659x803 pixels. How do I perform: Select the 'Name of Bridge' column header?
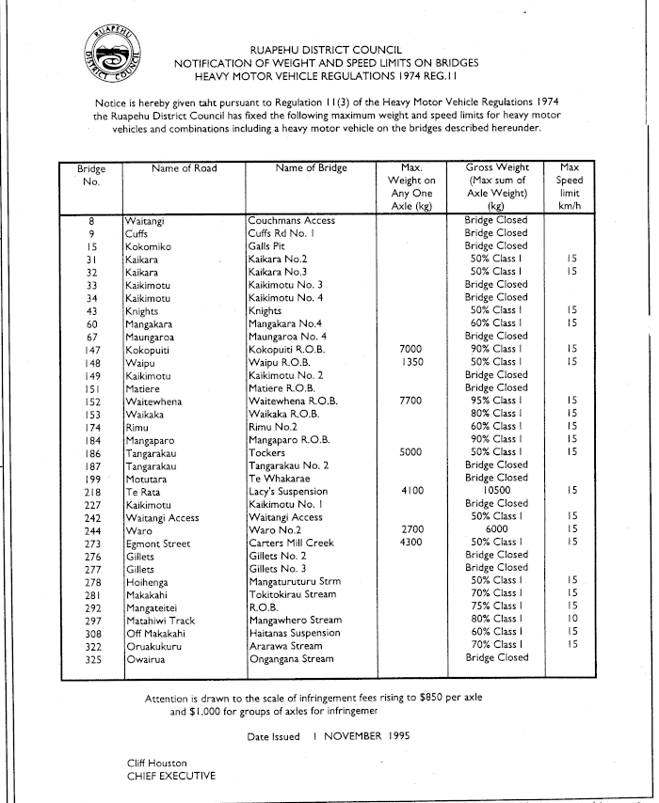311,168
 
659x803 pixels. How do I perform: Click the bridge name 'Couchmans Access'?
291,220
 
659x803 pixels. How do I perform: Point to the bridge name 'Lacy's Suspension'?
288,491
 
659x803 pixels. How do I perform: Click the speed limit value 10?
571,619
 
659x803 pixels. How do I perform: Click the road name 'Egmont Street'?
159,543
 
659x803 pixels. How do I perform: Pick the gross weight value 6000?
496,529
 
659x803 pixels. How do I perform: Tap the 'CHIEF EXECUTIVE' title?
170,776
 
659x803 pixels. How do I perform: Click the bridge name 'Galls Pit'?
266,246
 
